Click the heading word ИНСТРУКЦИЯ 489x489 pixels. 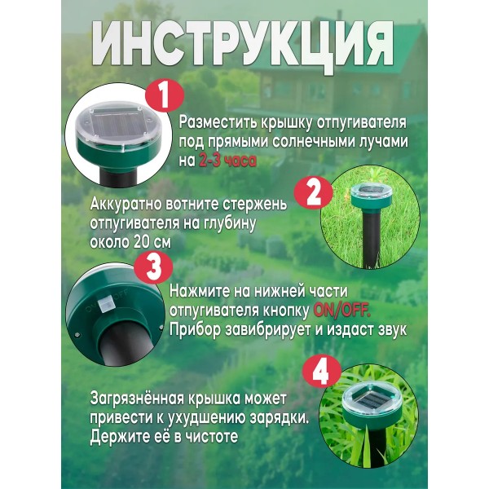coord(243,46)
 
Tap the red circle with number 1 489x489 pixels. coord(164,95)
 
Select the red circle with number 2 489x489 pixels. coord(314,192)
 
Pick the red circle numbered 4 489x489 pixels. coord(321,372)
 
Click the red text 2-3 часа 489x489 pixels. coord(227,161)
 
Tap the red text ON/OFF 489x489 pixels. coord(342,311)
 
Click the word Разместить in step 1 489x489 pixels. coord(218,123)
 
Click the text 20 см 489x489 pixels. coord(152,243)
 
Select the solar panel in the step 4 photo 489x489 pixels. coord(370,400)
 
